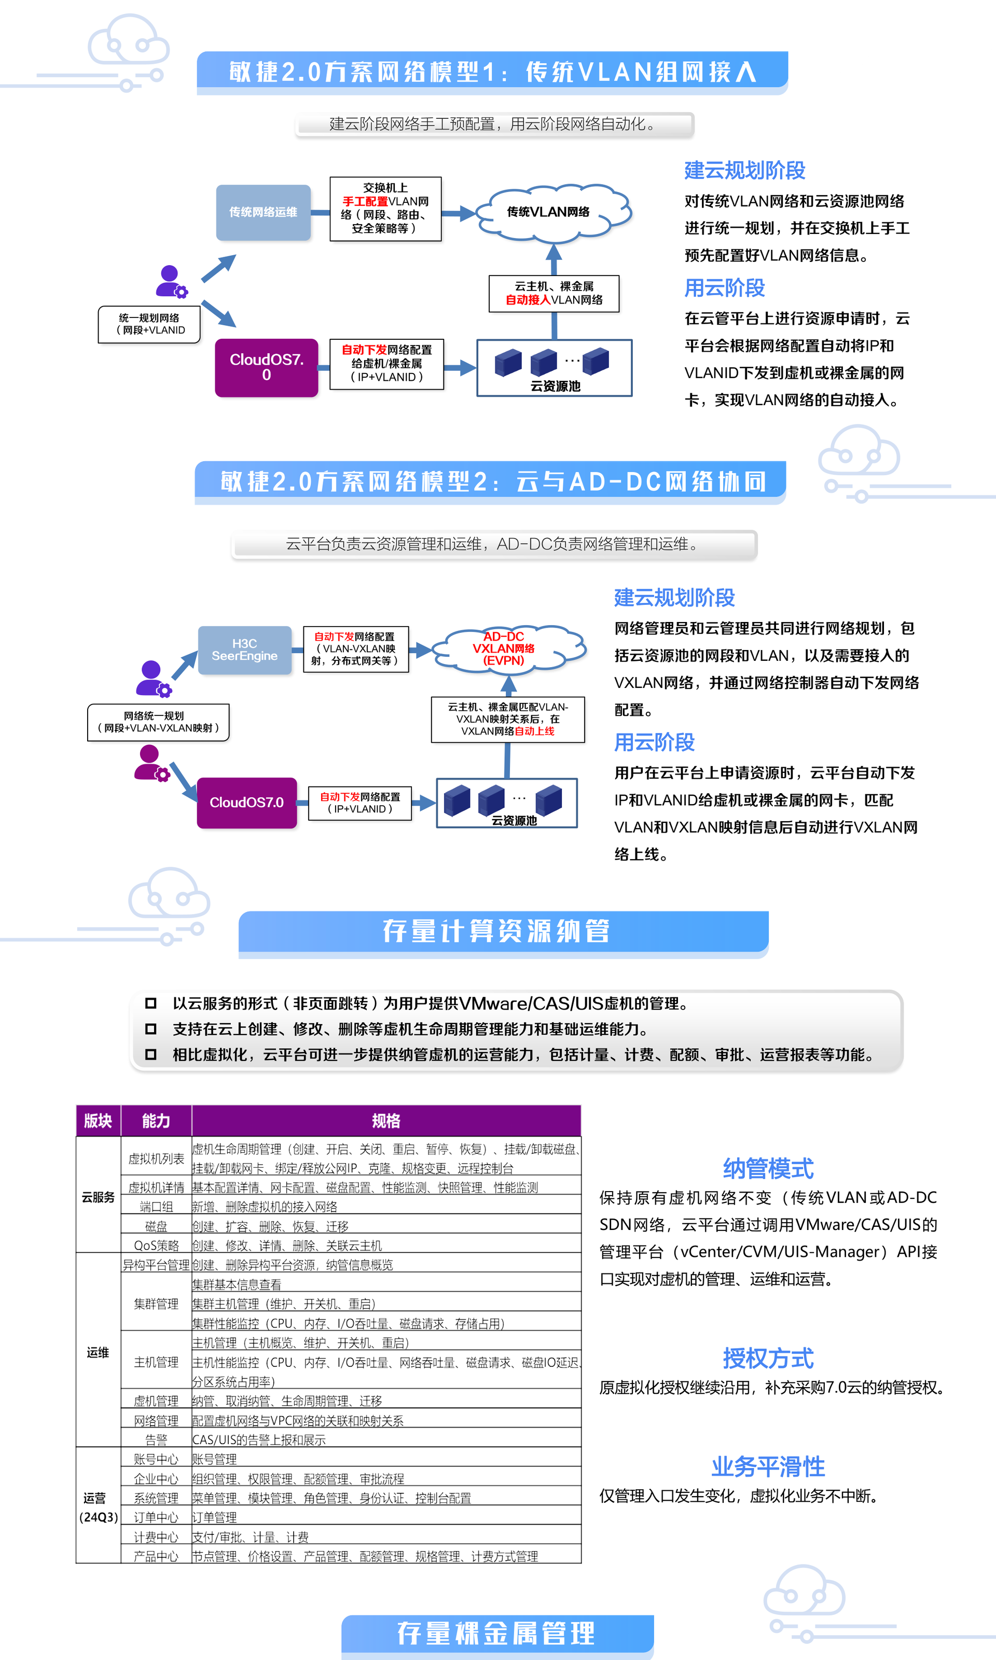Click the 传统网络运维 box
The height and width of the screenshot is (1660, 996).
pos(263,212)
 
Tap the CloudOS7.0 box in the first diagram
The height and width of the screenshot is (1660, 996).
pos(267,367)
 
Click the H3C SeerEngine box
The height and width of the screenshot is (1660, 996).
pos(244,649)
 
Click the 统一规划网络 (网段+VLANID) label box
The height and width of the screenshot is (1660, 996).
pos(149,324)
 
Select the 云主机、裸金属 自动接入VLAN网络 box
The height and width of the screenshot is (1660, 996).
pos(554,293)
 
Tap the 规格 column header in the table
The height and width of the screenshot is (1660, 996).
pos(386,1120)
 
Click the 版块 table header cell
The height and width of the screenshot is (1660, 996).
pos(98,1120)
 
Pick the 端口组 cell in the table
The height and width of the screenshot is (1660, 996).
pos(156,1207)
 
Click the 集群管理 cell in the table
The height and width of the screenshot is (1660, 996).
pos(156,1304)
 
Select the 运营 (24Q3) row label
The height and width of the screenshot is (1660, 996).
pos(98,1507)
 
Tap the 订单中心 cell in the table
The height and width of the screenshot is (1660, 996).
pos(156,1517)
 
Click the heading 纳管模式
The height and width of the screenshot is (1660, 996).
pos(768,1168)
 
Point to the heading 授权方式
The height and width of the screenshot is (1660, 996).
pos(768,1358)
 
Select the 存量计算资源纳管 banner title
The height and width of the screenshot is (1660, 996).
pos(496,931)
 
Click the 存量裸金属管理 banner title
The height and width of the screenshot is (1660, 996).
pos(496,1633)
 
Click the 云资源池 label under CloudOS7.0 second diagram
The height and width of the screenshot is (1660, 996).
pos(514,821)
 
